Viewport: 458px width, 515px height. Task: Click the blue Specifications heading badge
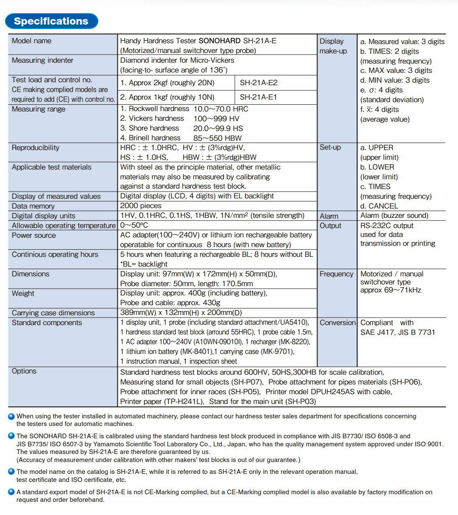(x=51, y=21)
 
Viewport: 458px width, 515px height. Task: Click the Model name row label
(x=32, y=41)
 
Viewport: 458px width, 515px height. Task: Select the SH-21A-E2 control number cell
(x=259, y=83)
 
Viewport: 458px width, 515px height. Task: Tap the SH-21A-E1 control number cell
(x=258, y=97)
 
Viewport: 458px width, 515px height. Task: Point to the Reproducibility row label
(x=36, y=148)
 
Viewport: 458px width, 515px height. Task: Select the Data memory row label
(x=33, y=206)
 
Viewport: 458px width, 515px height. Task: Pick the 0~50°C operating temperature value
(x=134, y=225)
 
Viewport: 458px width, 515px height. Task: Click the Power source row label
(x=34, y=235)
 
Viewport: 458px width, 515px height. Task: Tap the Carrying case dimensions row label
(x=53, y=313)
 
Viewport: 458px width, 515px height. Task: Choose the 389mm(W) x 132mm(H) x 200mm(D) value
(x=181, y=313)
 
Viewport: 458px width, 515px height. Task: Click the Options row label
(x=24, y=371)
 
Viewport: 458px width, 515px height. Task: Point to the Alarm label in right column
(x=329, y=216)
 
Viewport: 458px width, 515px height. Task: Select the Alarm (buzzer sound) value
(x=394, y=215)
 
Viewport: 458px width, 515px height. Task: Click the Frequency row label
(x=337, y=274)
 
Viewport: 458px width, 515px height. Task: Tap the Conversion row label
(x=338, y=323)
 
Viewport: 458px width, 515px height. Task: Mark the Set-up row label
(x=330, y=148)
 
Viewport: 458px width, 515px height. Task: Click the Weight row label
(x=23, y=293)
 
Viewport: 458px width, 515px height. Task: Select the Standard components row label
(x=47, y=323)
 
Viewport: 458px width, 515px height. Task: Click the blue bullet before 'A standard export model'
(x=11, y=492)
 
